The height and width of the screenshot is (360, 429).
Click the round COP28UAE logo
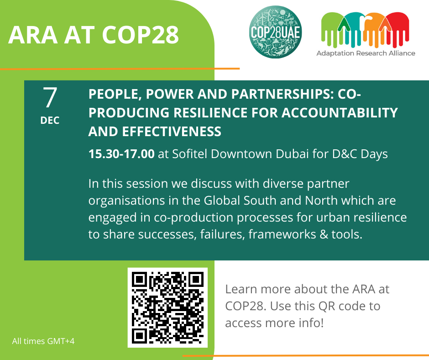(x=276, y=32)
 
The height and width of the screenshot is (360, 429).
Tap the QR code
(x=167, y=307)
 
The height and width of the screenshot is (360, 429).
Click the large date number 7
(x=50, y=97)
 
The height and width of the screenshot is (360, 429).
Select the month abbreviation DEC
(x=50, y=120)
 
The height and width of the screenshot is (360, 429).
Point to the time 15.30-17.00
(x=121, y=154)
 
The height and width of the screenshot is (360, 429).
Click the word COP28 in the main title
(x=141, y=35)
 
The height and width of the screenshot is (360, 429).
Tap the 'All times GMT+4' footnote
(x=43, y=341)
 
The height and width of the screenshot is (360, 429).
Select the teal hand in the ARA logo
(x=353, y=29)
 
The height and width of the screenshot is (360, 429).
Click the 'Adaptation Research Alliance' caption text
(x=366, y=53)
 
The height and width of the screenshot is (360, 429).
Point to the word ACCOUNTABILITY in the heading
(x=340, y=112)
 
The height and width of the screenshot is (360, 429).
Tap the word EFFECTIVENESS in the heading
(x=172, y=132)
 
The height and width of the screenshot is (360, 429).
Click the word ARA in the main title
(x=33, y=35)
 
